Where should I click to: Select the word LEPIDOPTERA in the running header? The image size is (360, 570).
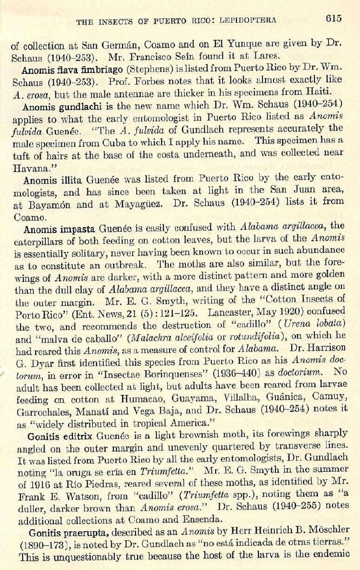coord(249,20)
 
